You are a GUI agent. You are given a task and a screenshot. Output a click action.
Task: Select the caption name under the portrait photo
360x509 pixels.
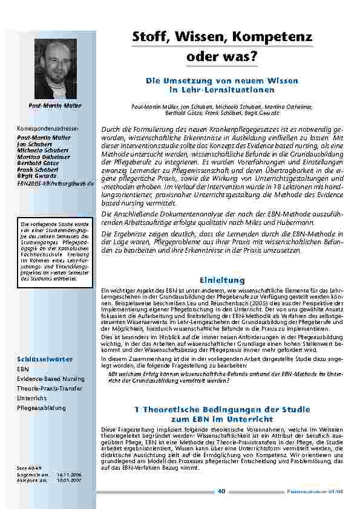[55, 106]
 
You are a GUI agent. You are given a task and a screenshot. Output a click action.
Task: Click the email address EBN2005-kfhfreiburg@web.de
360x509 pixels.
[55, 182]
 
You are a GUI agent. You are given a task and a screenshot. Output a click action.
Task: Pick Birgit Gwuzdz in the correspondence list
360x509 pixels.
[37, 176]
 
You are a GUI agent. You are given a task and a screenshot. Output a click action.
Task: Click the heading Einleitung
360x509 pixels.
[222, 280]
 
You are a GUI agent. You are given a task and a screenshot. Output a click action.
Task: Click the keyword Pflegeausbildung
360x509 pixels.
[41, 408]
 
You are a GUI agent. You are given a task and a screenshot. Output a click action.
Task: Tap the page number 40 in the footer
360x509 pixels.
[221, 491]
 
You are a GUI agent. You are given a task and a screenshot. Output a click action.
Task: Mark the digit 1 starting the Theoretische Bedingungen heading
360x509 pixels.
[137, 409]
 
